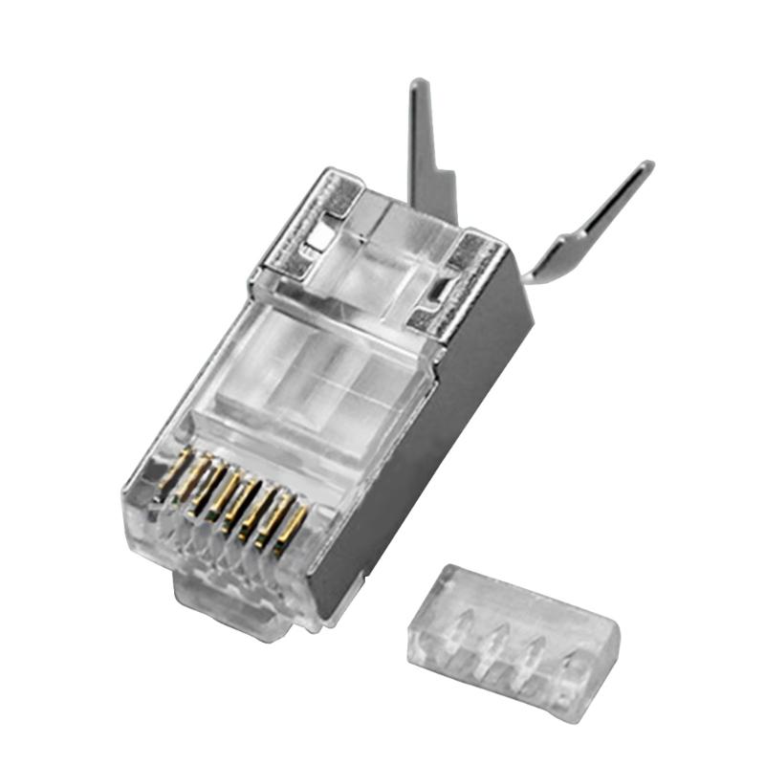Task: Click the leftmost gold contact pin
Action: tap(172, 475)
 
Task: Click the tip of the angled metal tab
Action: tap(647, 167)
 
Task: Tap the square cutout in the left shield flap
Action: tap(325, 229)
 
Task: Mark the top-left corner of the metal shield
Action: tap(331, 172)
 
